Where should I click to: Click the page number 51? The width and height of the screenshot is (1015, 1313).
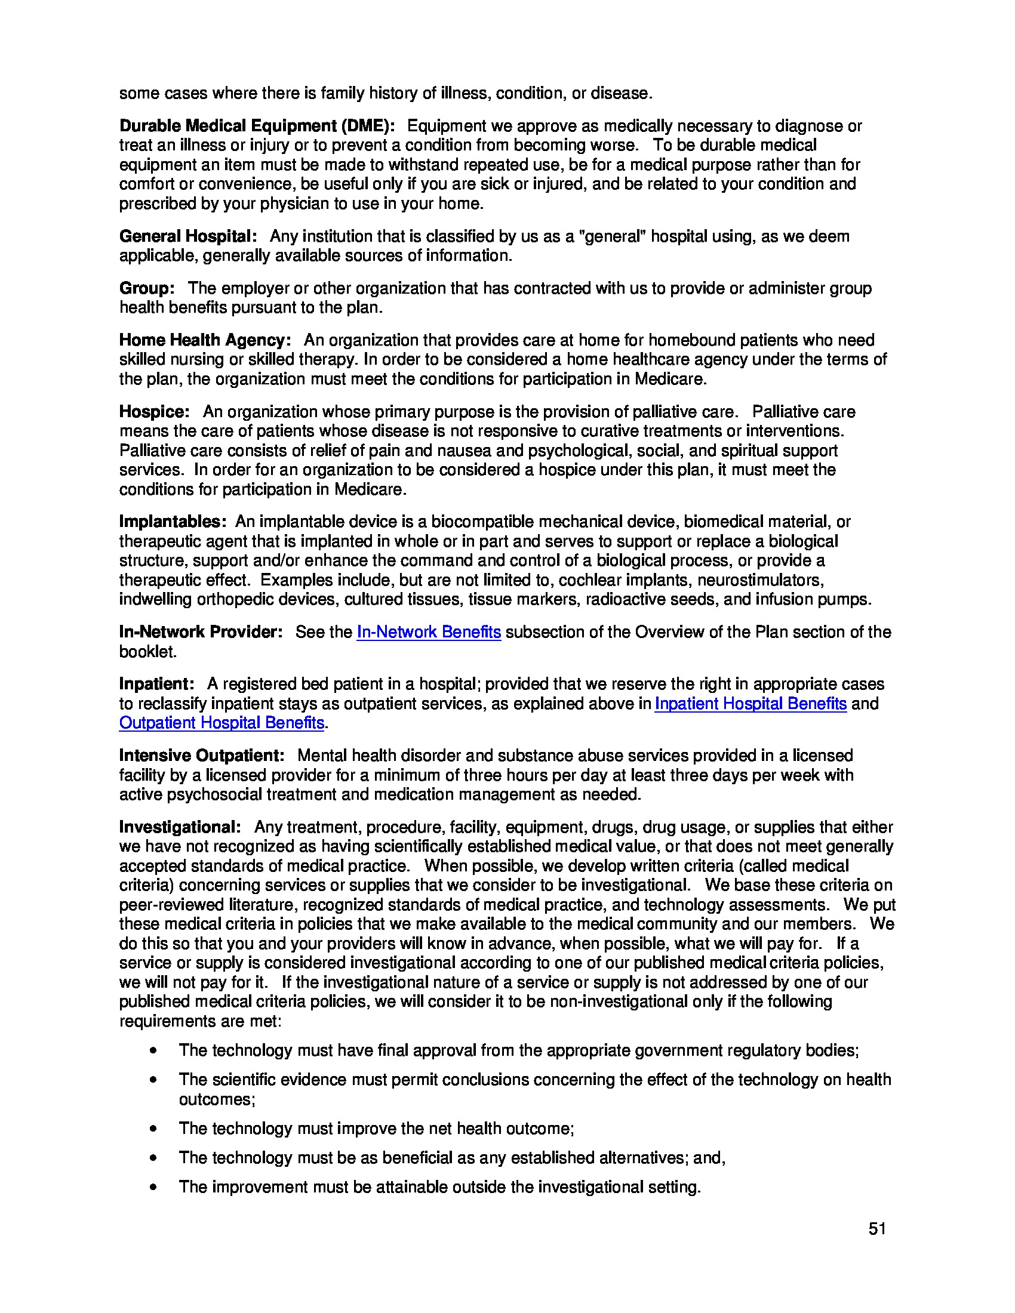[x=876, y=1229]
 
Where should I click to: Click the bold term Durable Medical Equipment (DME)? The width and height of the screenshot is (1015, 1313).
[x=257, y=126]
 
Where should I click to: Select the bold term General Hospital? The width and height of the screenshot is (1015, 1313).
[x=188, y=236]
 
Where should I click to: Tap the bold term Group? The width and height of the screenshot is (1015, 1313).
[x=147, y=288]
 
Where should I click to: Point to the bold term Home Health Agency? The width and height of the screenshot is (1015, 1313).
[x=205, y=340]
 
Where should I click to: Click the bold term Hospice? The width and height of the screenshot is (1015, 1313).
[x=154, y=412]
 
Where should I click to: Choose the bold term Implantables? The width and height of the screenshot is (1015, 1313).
[x=173, y=521]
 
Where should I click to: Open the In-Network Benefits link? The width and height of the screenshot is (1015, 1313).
[x=428, y=632]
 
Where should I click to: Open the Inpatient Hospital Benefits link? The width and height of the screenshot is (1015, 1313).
[x=750, y=704]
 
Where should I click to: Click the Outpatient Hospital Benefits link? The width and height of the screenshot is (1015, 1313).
[x=222, y=723]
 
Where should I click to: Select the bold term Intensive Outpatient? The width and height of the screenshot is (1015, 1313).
[x=201, y=756]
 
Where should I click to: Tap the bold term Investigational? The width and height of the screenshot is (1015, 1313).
[x=180, y=827]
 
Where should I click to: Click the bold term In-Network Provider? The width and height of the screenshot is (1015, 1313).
[x=200, y=632]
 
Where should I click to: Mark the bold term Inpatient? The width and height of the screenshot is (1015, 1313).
[x=156, y=684]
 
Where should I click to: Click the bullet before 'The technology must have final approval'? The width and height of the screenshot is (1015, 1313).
[x=155, y=1050]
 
